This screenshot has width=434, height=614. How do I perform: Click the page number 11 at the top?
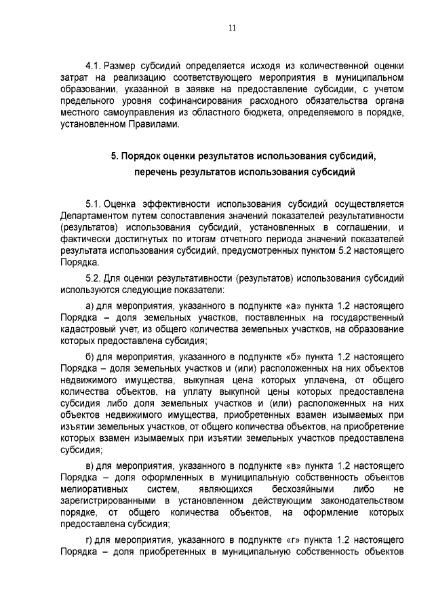click(232, 28)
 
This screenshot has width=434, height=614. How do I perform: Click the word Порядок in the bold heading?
click(144, 156)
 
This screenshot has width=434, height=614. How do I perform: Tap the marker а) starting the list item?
click(89, 306)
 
